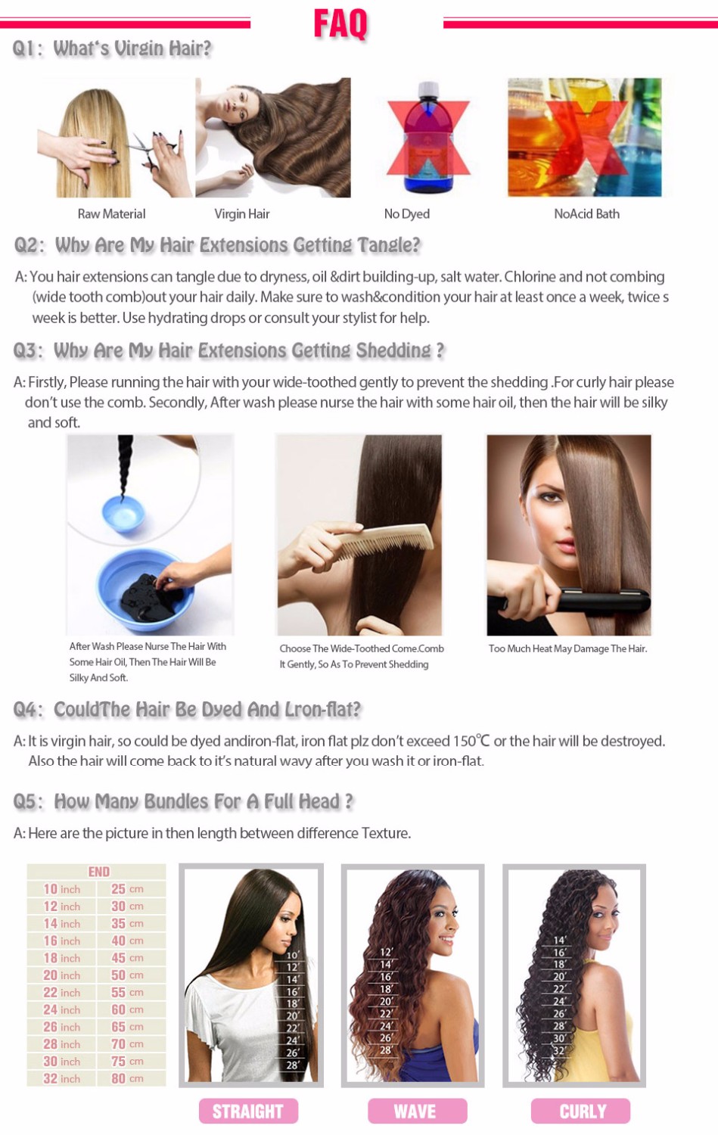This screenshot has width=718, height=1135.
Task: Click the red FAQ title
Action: (x=340, y=23)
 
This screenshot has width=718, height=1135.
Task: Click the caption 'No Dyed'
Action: (x=406, y=214)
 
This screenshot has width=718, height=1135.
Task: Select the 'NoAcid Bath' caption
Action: (x=586, y=214)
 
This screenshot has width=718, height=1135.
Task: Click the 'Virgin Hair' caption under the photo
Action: (x=241, y=214)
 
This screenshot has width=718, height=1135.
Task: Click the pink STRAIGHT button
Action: (x=248, y=1112)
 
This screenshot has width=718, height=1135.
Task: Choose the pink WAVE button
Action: (x=417, y=1112)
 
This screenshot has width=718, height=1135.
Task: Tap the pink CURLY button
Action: (x=581, y=1112)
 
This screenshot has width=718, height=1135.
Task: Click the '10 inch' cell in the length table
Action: (x=61, y=889)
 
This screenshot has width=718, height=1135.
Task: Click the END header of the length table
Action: (x=99, y=872)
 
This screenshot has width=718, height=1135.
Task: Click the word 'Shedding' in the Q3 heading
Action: (x=393, y=350)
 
